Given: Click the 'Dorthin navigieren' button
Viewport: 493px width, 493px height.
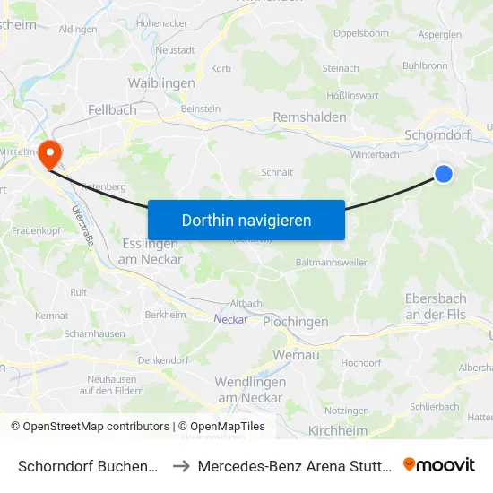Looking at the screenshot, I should (x=246, y=220).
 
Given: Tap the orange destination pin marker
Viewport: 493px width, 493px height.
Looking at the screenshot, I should (x=50, y=153).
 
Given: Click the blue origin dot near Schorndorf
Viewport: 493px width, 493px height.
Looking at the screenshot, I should (x=444, y=175).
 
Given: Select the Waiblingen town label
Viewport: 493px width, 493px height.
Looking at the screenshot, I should (x=161, y=82).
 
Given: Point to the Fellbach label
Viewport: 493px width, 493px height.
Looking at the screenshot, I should (x=112, y=109).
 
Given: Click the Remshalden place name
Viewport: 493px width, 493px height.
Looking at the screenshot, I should (x=309, y=117).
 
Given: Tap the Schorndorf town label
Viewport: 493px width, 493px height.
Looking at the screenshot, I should (x=437, y=134).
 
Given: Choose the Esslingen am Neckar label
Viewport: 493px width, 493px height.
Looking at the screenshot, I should (x=150, y=252).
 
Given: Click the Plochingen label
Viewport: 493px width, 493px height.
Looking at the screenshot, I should (x=295, y=322).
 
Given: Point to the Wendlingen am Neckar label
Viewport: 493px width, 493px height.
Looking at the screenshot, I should (x=249, y=389).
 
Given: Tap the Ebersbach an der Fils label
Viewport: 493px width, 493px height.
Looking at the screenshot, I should (x=436, y=307).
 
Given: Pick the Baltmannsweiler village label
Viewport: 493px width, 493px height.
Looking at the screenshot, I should (x=331, y=263).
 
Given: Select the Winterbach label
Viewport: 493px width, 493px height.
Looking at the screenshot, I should (x=375, y=154).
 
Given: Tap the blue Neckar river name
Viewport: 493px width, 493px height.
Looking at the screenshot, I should (x=230, y=318).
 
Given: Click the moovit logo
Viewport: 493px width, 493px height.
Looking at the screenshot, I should (x=439, y=464).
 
